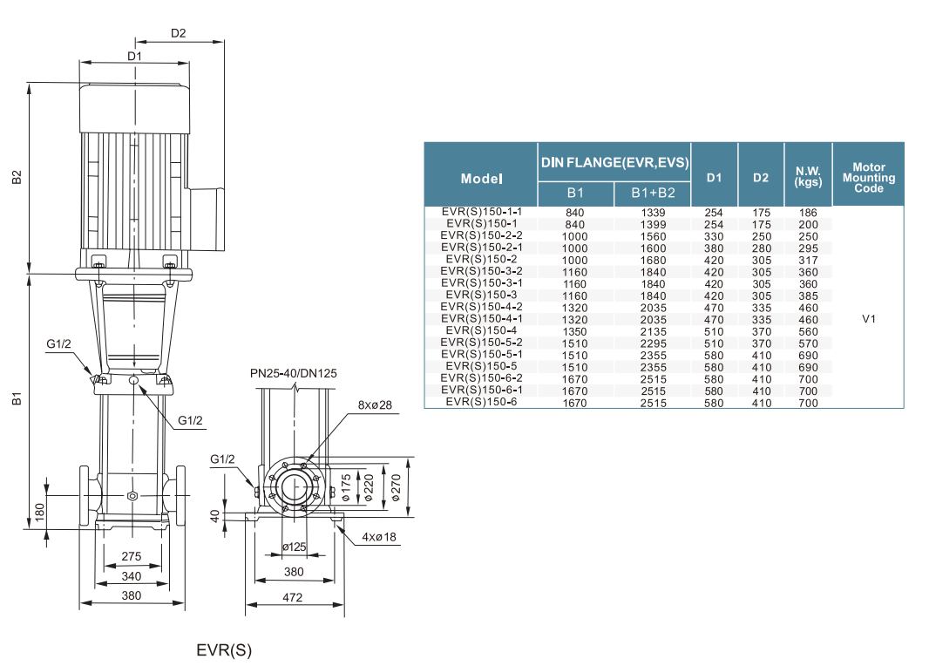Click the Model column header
click(x=481, y=178)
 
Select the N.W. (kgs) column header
click(x=808, y=177)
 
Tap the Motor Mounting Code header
click(x=868, y=177)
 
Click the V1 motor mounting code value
click(x=868, y=319)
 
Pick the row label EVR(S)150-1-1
click(x=481, y=212)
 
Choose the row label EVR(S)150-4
click(x=481, y=330)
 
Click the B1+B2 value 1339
click(x=653, y=213)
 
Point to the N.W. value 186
click(x=808, y=213)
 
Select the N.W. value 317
click(x=808, y=260)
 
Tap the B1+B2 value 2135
click(x=653, y=331)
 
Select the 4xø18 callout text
click(x=379, y=537)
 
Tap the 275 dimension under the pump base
click(x=132, y=556)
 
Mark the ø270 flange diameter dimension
click(x=397, y=488)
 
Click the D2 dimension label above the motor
click(x=178, y=34)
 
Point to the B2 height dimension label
click(x=17, y=177)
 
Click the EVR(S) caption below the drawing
click(x=224, y=650)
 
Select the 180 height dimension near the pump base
click(x=39, y=511)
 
